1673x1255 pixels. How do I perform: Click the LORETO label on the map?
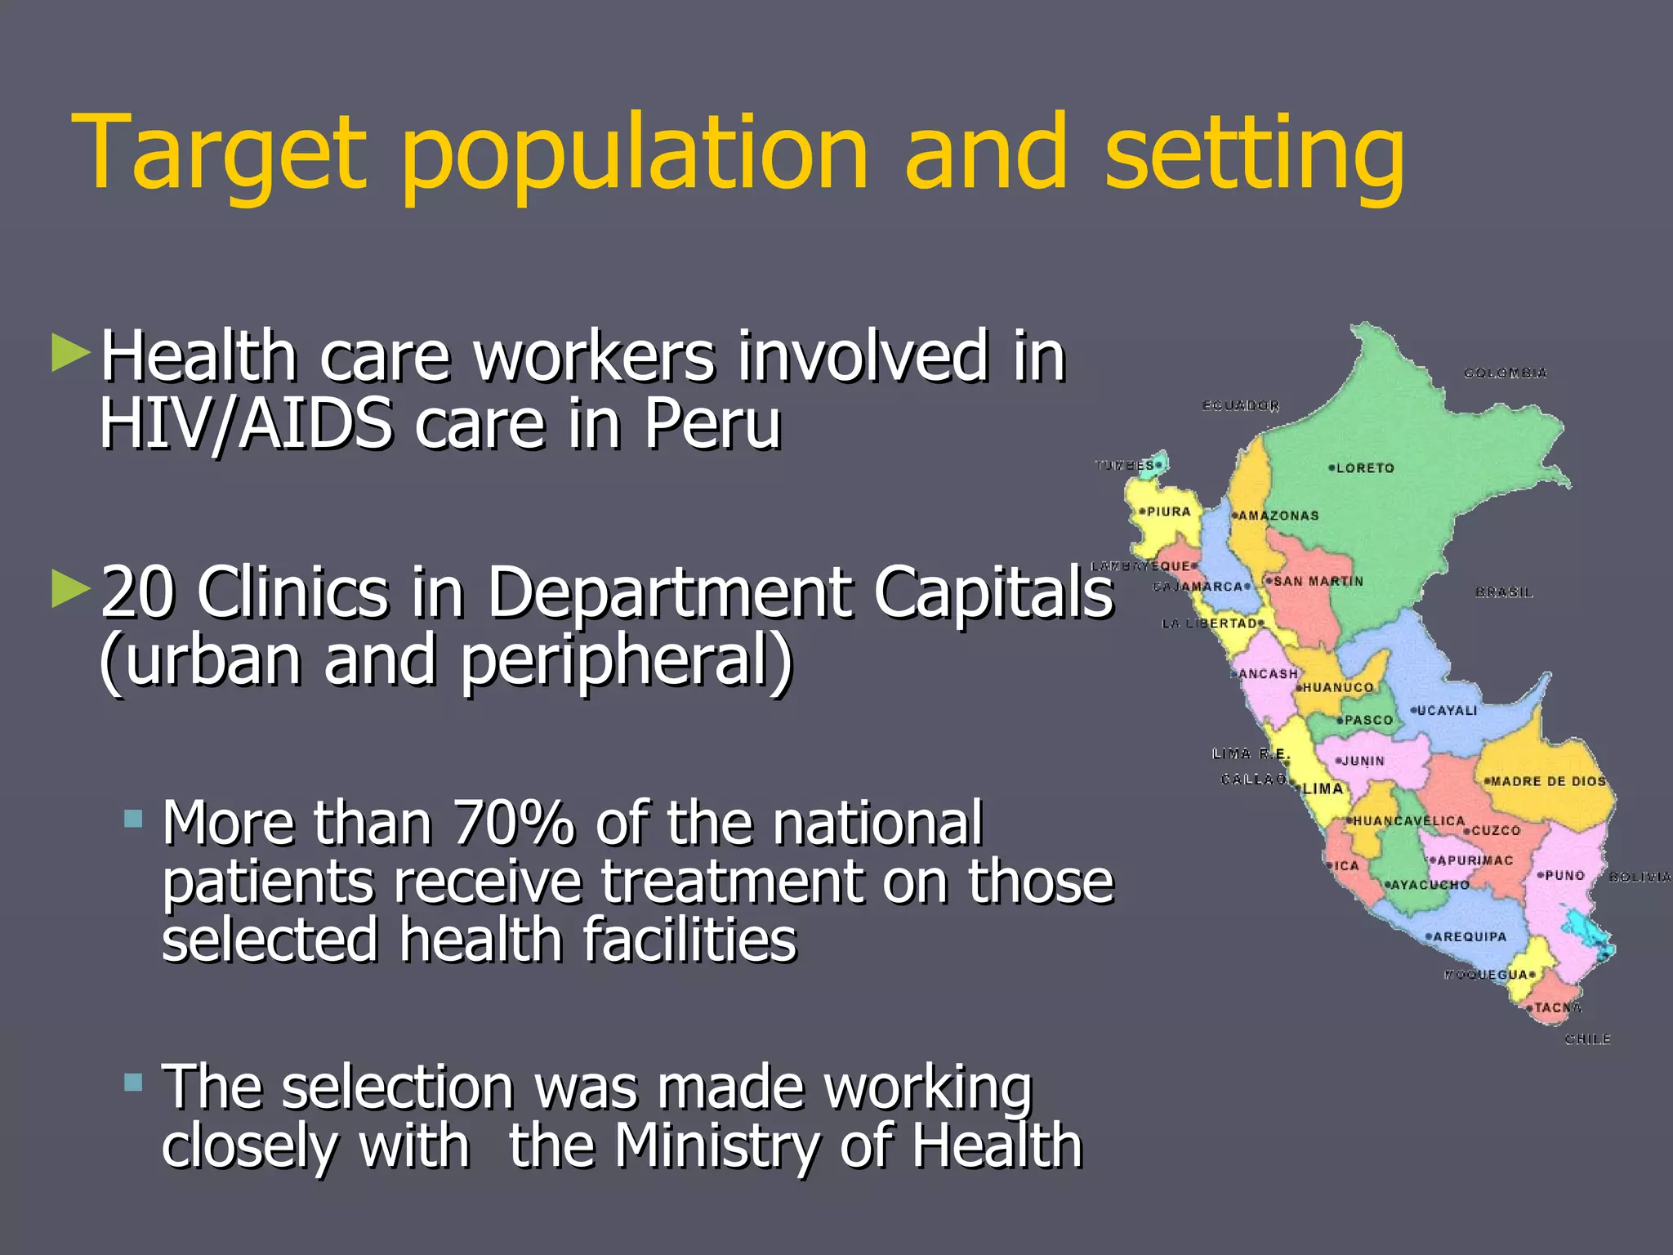(1365, 468)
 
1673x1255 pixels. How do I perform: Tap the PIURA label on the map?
(1169, 512)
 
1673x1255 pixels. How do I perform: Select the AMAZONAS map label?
(1278, 516)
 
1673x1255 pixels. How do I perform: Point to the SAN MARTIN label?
(1318, 582)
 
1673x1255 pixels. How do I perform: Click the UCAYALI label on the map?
(1447, 711)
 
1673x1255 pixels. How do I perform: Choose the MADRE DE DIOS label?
(1548, 781)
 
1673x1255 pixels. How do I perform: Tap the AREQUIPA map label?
(1470, 936)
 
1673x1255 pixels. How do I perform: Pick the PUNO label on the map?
(1564, 875)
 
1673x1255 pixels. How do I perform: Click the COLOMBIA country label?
(1506, 373)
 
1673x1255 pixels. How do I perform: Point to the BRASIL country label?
(1504, 592)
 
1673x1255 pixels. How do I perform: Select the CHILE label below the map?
(1587, 1039)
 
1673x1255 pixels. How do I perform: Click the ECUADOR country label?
(1241, 405)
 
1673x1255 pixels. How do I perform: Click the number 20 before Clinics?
(137, 592)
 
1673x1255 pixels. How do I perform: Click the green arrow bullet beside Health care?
(70, 352)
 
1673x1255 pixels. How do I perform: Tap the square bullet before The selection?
(133, 1083)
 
